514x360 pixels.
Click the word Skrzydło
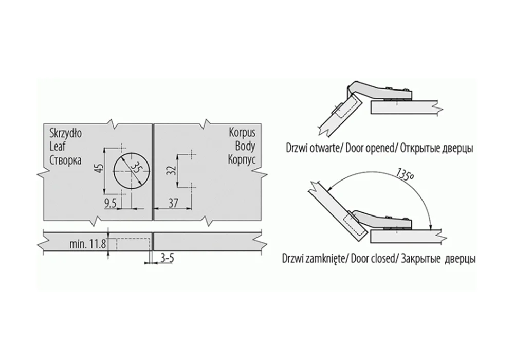click(x=66, y=133)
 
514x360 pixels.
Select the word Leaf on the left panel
click(x=58, y=147)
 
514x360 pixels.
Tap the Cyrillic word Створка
click(x=66, y=160)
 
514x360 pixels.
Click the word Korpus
click(x=242, y=133)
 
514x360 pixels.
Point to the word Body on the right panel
click(x=245, y=146)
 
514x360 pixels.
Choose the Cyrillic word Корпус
click(x=242, y=160)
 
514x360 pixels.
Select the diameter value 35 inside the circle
click(x=136, y=169)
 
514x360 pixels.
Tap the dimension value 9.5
click(x=111, y=204)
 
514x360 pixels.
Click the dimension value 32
click(x=172, y=171)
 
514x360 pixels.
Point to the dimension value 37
click(x=173, y=203)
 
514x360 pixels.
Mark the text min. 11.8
click(x=87, y=244)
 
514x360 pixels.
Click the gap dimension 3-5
click(x=167, y=258)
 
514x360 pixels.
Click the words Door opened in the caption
click(x=370, y=148)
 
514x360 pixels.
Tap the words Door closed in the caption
click(x=372, y=259)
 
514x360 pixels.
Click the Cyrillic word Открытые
click(x=420, y=149)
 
